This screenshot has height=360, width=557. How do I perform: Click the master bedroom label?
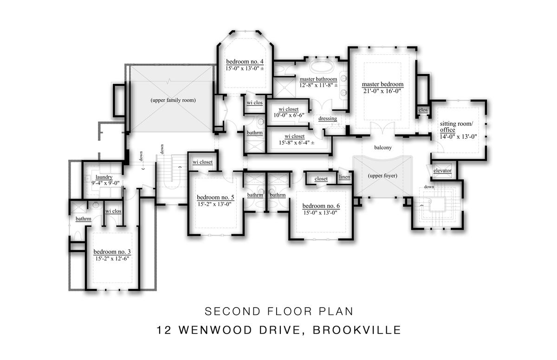pyautogui.click(x=382, y=84)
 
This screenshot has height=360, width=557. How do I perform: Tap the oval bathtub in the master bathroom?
pyautogui.click(x=322, y=67)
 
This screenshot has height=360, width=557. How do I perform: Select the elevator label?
pyautogui.click(x=442, y=171)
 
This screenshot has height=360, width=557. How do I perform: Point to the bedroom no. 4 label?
pyautogui.click(x=245, y=61)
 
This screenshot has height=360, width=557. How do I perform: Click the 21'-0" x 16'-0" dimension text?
pyautogui.click(x=382, y=91)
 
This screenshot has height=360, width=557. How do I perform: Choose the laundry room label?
pyautogui.click(x=104, y=177)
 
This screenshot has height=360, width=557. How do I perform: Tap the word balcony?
pyautogui.click(x=383, y=148)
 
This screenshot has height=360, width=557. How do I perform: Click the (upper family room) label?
pyautogui.click(x=173, y=100)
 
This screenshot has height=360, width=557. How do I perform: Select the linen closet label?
pyautogui.click(x=344, y=177)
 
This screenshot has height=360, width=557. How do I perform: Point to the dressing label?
pyautogui.click(x=328, y=118)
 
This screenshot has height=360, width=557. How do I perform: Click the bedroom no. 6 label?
pyautogui.click(x=321, y=206)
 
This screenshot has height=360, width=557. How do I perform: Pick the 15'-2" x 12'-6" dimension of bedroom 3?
pyautogui.click(x=112, y=258)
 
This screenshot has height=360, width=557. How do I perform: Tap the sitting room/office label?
pyautogui.click(x=457, y=127)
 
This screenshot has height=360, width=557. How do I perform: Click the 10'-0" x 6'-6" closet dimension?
pyautogui.click(x=289, y=115)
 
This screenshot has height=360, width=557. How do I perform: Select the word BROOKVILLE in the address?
pyautogui.click(x=357, y=330)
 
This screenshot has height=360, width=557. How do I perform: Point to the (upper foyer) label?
pyautogui.click(x=382, y=176)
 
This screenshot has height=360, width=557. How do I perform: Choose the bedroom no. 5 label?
pyautogui.click(x=215, y=197)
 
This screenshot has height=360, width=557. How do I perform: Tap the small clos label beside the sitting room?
pyautogui.click(x=423, y=110)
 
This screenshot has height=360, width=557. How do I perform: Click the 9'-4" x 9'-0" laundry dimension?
pyautogui.click(x=105, y=183)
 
